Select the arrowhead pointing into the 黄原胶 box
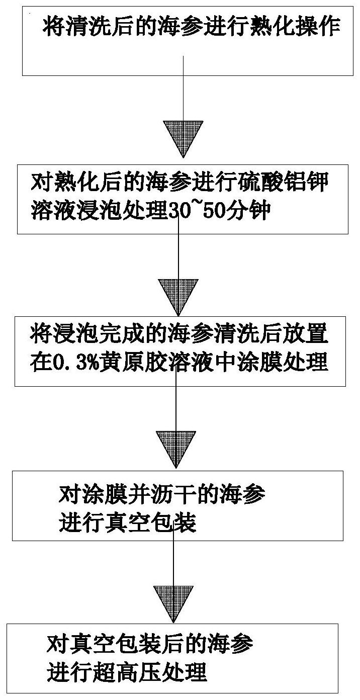[177, 296]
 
